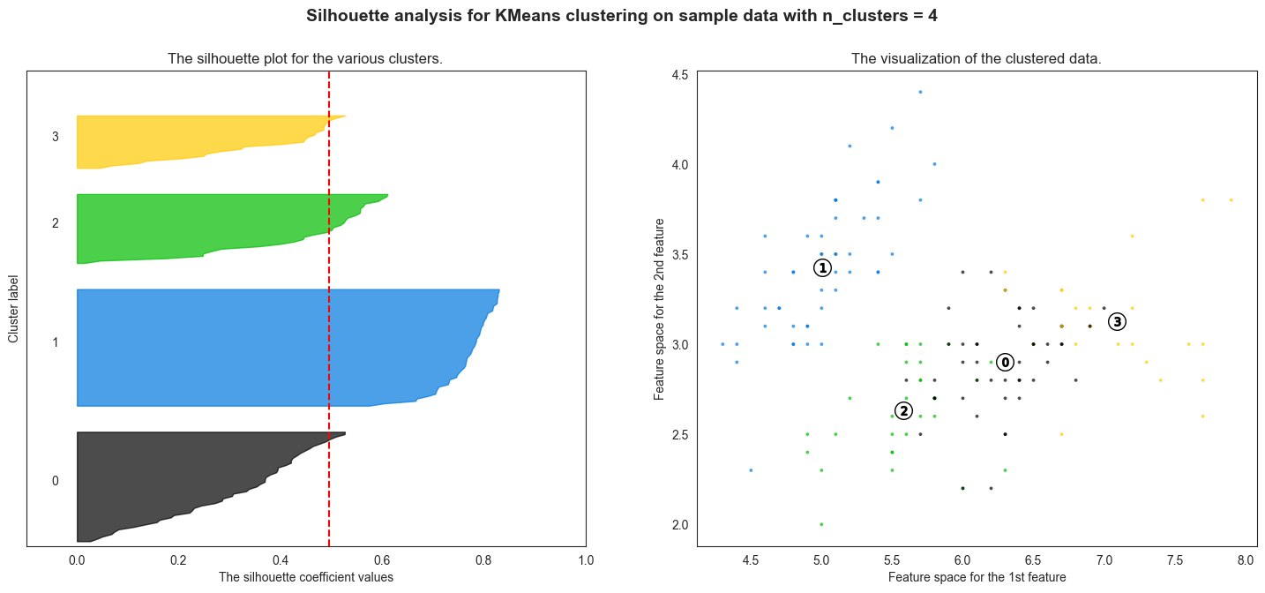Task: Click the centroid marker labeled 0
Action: pyautogui.click(x=1005, y=363)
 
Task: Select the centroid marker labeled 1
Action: pyautogui.click(x=822, y=267)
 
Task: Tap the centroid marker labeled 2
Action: pyautogui.click(x=902, y=410)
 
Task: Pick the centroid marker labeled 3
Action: pyautogui.click(x=1117, y=321)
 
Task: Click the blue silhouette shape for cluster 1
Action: pyautogui.click(x=265, y=348)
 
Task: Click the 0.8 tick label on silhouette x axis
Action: pyautogui.click(x=483, y=559)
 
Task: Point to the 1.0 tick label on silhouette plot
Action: pyautogui.click(x=586, y=559)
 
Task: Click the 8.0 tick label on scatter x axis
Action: pyautogui.click(x=1245, y=559)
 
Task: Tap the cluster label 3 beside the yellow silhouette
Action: pyautogui.click(x=56, y=137)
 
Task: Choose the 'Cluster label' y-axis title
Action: pyautogui.click(x=13, y=308)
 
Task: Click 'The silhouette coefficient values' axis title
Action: pyautogui.click(x=305, y=577)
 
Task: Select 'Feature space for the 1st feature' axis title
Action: pyautogui.click(x=977, y=577)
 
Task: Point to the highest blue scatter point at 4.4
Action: pyautogui.click(x=920, y=92)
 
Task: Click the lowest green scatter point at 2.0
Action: pyautogui.click(x=821, y=524)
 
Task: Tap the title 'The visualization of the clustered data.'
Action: pyautogui.click(x=976, y=59)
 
